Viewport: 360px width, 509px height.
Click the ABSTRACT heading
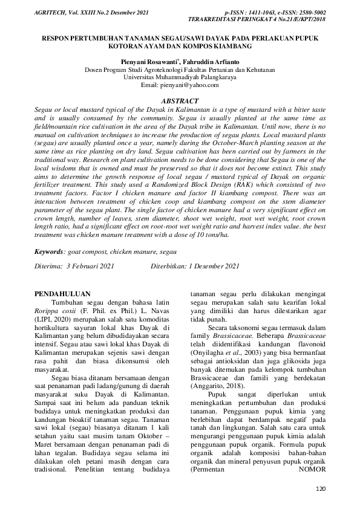[x=180, y=100]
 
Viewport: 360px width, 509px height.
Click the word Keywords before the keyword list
[x=49, y=250]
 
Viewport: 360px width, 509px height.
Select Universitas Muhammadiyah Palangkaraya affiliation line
[x=180, y=77]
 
